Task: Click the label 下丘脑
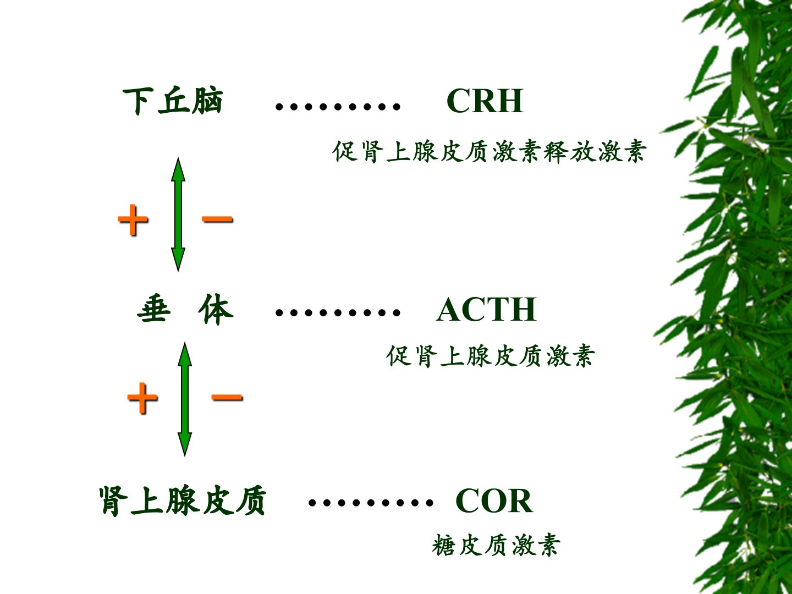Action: [173, 101]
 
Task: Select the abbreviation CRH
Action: [485, 101]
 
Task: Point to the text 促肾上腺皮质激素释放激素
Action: [489, 151]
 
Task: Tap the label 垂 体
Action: [185, 310]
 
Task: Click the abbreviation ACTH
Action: [486, 310]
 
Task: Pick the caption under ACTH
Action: [490, 356]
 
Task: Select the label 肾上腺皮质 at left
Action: [183, 501]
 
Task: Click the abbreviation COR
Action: [494, 501]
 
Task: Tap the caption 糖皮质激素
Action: [496, 545]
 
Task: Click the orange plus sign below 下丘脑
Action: [133, 219]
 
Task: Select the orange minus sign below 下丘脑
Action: [217, 218]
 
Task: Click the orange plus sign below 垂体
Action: [142, 398]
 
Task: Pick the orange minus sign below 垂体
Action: [227, 397]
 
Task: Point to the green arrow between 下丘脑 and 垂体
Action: [178, 215]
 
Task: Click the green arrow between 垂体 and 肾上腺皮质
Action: [185, 399]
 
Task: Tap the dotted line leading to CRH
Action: [338, 106]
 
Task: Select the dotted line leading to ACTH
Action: [338, 312]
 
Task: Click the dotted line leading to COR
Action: [371, 503]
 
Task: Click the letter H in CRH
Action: [509, 101]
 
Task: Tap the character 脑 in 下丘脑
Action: [207, 101]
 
